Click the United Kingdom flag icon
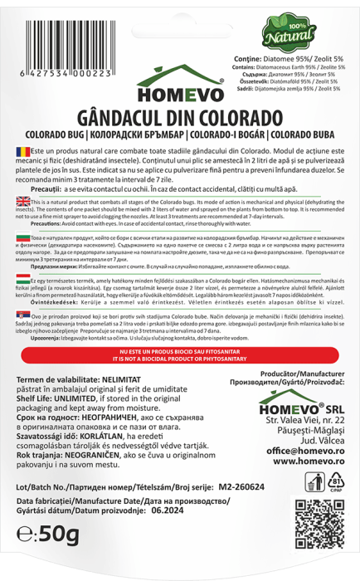(x=22, y=200)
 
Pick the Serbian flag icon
(x=22, y=316)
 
